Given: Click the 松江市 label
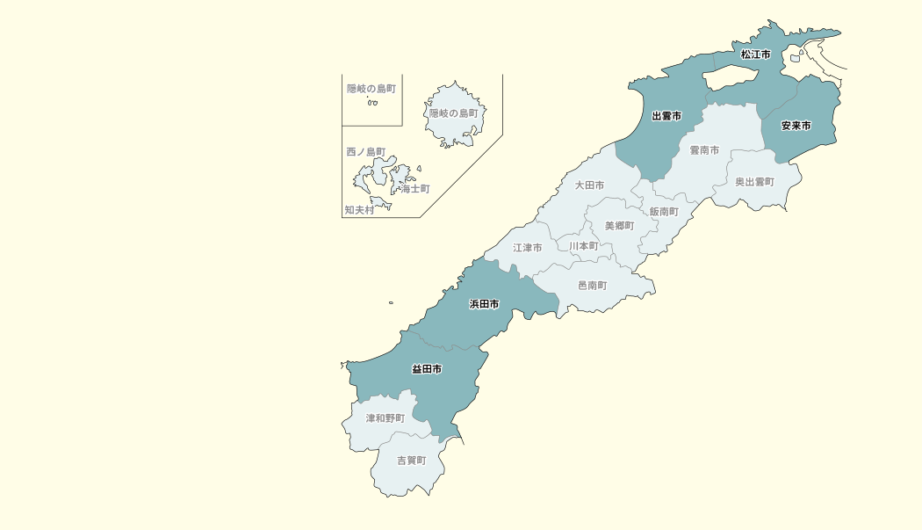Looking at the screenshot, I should click(755, 54).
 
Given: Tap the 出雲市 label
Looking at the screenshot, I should click(666, 116).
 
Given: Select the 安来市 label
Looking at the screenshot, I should click(796, 126).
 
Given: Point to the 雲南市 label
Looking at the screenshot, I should click(704, 150).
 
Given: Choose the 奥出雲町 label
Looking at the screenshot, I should click(755, 182).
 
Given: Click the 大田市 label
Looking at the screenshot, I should click(589, 185).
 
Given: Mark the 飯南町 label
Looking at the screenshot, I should click(664, 212).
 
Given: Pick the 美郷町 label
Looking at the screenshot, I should click(619, 226).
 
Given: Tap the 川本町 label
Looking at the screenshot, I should click(583, 246).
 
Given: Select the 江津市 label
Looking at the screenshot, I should click(528, 248).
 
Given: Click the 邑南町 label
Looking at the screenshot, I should click(592, 286).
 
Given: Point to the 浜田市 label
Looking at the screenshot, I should click(485, 304).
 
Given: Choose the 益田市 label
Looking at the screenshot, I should click(427, 369).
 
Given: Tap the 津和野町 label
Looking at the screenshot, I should click(385, 418).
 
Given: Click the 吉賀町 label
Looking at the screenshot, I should click(411, 460).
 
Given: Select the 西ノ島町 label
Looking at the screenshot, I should click(366, 152).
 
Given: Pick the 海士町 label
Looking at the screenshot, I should click(415, 189).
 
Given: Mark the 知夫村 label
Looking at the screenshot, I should click(359, 210).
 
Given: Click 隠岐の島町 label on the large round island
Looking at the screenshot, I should click(453, 113).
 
